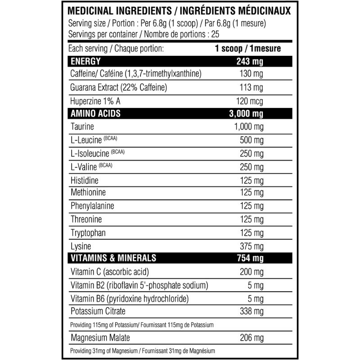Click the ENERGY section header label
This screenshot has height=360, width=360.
(85, 61)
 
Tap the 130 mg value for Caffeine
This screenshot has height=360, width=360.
(252, 74)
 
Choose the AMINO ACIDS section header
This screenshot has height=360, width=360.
(94, 113)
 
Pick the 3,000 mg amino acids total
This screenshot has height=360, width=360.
(246, 113)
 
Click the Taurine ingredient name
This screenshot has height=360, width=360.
(82, 127)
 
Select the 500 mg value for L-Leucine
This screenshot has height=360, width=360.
(252, 140)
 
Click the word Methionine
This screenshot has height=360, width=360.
(88, 193)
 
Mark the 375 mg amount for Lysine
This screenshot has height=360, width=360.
(252, 246)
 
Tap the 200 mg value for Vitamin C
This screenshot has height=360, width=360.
(252, 272)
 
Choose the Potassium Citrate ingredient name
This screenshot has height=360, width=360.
(98, 311)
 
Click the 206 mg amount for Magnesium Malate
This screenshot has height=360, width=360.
(252, 337)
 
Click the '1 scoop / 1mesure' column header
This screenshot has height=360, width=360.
(249, 48)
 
